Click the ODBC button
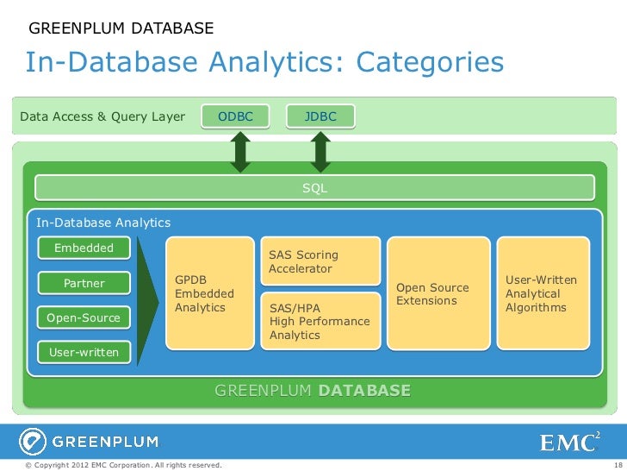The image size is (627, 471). coord(235,116)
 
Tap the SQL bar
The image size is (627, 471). coord(314,187)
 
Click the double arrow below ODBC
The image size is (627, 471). coord(240,152)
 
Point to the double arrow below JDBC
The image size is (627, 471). coord(321,152)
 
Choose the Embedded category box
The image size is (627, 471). coord(84,248)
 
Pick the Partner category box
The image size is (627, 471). coord(84,283)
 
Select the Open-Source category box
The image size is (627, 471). coord(84,318)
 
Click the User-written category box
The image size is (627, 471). coord(84,352)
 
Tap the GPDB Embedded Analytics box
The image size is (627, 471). coord(208,294)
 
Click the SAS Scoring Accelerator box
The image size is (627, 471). coord(320,261)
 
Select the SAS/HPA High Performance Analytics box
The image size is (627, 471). coord(320,321)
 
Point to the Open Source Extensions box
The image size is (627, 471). coord(437,294)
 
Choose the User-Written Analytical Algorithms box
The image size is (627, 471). coord(543,294)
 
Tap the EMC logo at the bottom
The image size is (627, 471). coord(568,442)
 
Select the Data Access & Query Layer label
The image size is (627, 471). coord(102,116)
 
